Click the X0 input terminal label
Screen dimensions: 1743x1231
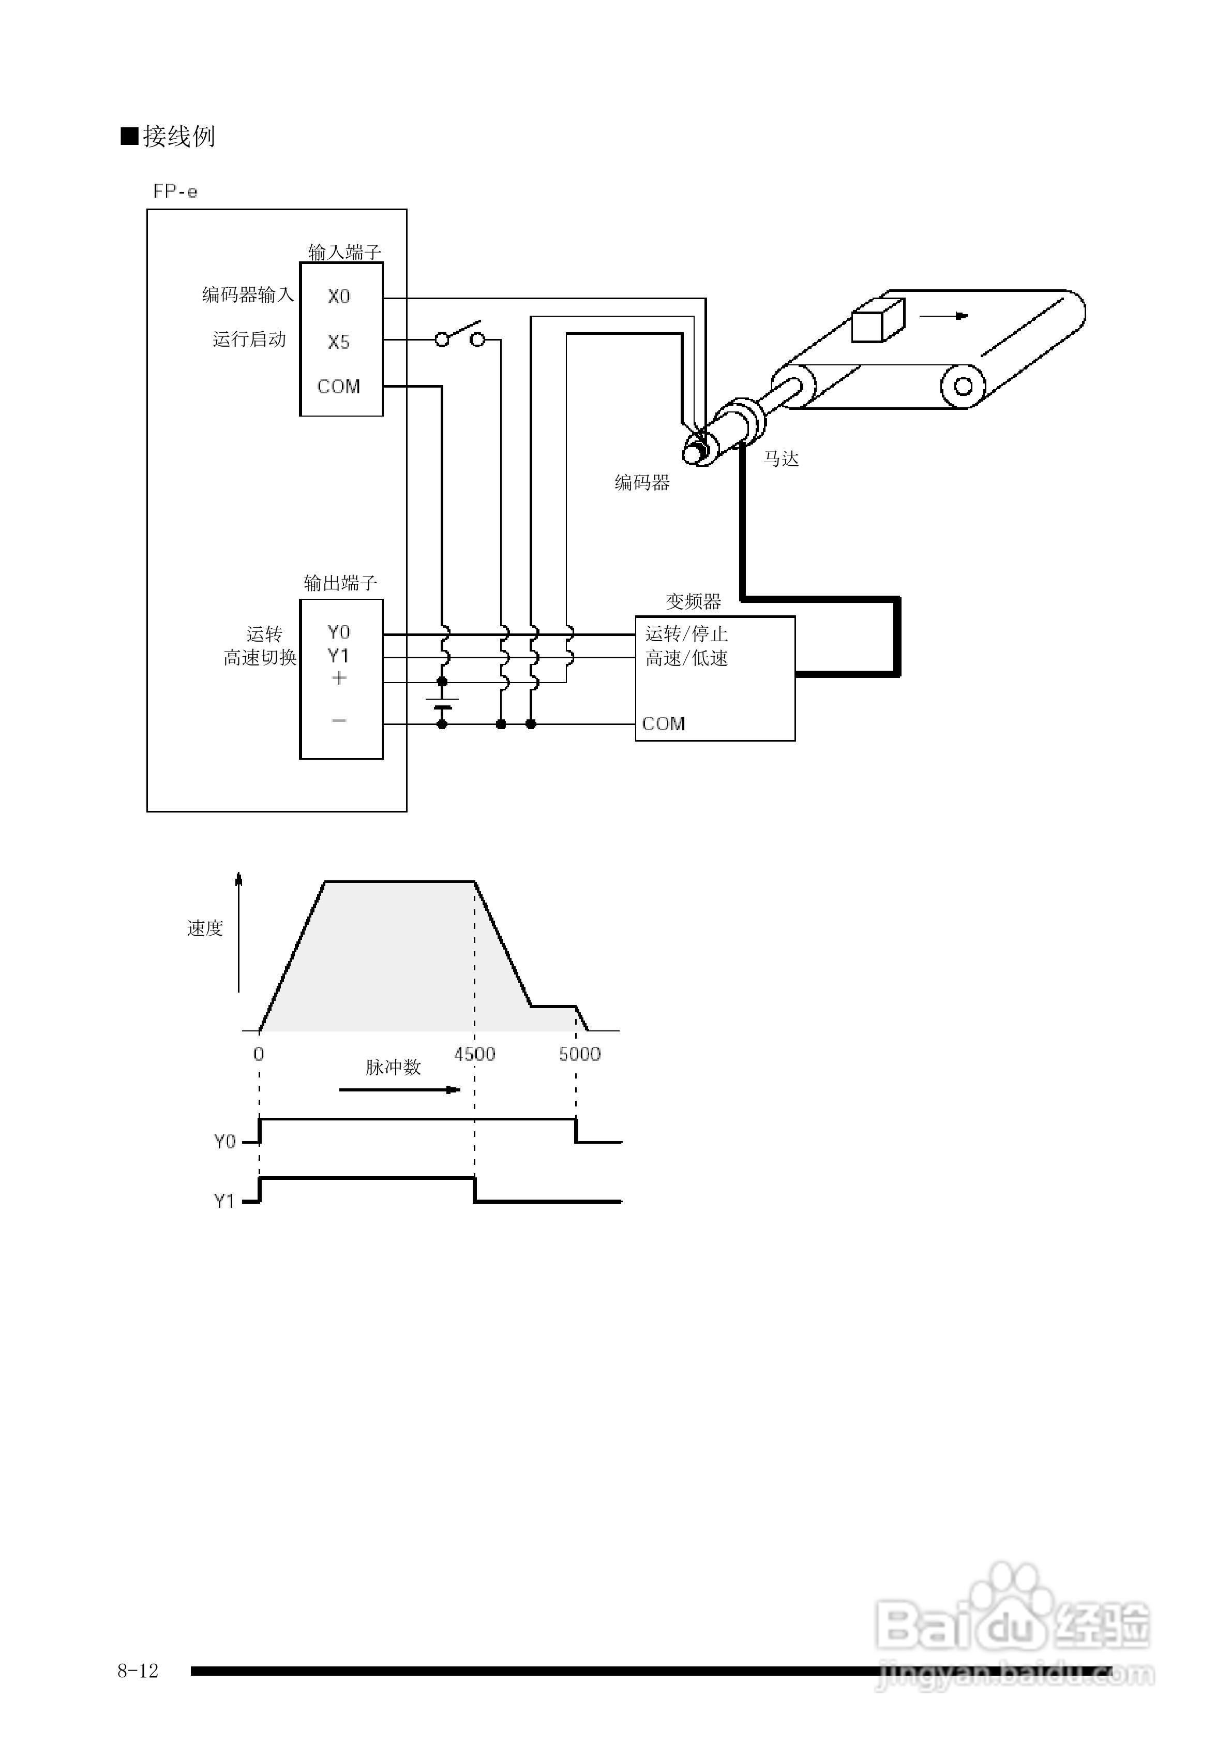(338, 297)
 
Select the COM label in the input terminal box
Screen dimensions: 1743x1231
(338, 387)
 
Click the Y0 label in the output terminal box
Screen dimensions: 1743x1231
(338, 632)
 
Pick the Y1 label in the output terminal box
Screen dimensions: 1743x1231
(338, 655)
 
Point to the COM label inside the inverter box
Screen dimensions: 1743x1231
(663, 723)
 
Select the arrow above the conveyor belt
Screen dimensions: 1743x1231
(944, 316)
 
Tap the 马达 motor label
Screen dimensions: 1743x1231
(781, 459)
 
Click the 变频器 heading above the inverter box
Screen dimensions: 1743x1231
(693, 601)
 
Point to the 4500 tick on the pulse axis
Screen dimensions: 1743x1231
(474, 1054)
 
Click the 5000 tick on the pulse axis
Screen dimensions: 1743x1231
(580, 1054)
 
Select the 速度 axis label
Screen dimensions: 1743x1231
(205, 928)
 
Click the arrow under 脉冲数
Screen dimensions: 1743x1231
(399, 1090)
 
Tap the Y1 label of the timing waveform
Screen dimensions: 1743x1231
(224, 1201)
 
